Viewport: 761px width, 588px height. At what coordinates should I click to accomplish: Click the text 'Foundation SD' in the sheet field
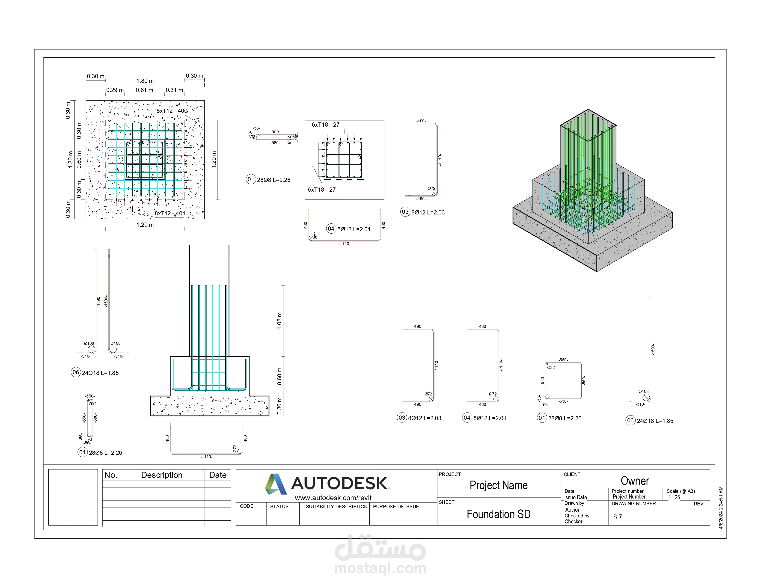(x=499, y=514)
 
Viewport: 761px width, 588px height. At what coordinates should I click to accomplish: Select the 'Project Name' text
(x=499, y=485)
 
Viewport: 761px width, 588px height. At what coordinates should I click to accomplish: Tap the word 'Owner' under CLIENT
(x=635, y=481)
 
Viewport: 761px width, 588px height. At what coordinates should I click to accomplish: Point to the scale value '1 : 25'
(x=674, y=497)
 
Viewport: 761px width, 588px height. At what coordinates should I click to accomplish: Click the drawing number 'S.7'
(x=617, y=517)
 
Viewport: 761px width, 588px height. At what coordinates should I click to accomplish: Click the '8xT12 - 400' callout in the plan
(x=172, y=111)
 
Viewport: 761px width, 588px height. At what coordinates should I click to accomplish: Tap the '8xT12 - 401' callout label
(x=170, y=214)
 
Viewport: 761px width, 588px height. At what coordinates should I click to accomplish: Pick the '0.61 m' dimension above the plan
(x=144, y=90)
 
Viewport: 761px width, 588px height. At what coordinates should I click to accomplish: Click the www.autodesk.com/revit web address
(x=333, y=498)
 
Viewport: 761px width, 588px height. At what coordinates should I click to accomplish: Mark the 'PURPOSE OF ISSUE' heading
(x=396, y=507)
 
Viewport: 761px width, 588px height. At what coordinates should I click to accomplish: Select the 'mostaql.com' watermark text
(x=380, y=568)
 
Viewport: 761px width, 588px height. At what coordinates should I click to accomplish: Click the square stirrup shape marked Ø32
(x=563, y=380)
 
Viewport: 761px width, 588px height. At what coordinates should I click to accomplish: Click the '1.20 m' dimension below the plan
(x=145, y=225)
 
